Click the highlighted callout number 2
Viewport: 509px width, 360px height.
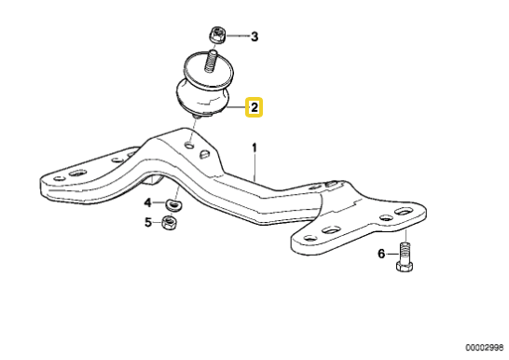pos(253,109)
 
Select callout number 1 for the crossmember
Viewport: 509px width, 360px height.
pos(253,147)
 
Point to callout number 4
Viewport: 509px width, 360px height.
pos(147,201)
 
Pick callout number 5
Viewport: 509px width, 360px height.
pos(147,222)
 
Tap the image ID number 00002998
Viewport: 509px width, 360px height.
pos(482,346)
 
